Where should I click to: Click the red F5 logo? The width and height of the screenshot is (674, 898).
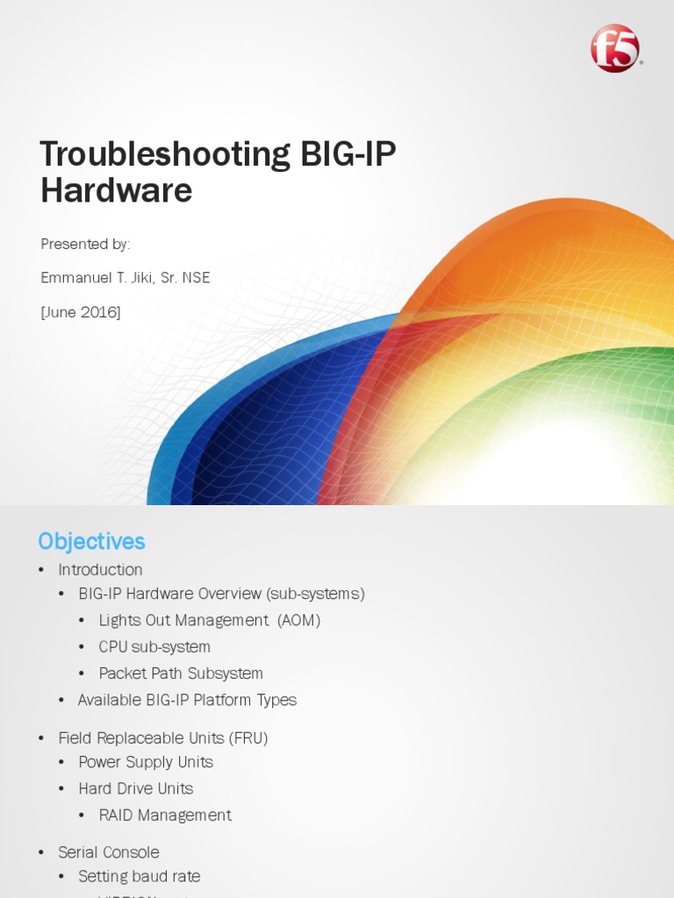[x=615, y=48]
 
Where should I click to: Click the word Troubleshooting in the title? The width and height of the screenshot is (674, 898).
[x=165, y=154]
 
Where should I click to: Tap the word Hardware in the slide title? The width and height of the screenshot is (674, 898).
[x=116, y=190]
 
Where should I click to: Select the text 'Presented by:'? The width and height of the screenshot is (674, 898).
[x=85, y=244]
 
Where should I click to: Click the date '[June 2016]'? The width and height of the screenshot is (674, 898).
[x=81, y=312]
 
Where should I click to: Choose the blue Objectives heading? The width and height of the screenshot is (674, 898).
[x=91, y=541]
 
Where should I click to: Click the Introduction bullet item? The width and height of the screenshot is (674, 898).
[x=100, y=570]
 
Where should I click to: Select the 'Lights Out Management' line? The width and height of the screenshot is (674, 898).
[x=183, y=620]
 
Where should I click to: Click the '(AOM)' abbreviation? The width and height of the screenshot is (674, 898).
[x=299, y=620]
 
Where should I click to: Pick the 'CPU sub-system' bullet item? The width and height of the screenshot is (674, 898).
[x=154, y=647]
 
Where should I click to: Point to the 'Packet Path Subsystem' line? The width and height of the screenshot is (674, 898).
[x=181, y=673]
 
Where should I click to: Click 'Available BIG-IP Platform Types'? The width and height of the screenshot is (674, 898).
[x=187, y=700]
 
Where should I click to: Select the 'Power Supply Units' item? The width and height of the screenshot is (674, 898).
[x=146, y=762]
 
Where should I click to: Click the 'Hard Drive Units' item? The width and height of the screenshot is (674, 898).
[x=135, y=788]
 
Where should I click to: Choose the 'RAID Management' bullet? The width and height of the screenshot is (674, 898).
[x=165, y=816]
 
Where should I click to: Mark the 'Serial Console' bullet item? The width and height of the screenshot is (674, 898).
[x=109, y=852]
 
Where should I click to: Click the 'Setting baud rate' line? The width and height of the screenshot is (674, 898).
[x=139, y=876]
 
